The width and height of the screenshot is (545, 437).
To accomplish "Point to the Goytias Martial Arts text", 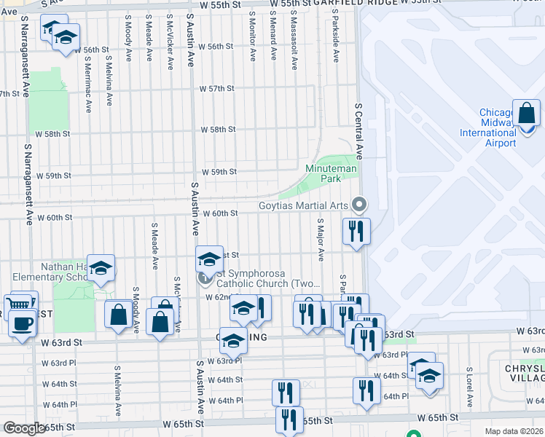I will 304,205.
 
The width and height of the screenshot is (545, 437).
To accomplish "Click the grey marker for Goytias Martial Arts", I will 358,204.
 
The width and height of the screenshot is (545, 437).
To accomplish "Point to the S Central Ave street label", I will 358,124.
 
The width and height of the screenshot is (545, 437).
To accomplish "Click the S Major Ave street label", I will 320,240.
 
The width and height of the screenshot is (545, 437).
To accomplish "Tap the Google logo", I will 24,428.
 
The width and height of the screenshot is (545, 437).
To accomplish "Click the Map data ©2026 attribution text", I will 514,431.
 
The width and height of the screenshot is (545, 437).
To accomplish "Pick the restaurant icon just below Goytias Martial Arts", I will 356,232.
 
